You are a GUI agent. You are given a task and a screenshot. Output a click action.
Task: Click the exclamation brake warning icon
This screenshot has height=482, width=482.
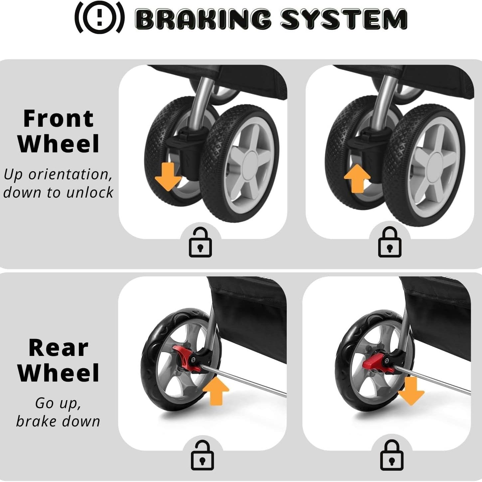[x=99, y=17]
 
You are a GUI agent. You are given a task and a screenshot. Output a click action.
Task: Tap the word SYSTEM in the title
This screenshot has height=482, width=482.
[x=344, y=19]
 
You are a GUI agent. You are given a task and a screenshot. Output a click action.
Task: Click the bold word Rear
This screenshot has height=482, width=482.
[x=58, y=348]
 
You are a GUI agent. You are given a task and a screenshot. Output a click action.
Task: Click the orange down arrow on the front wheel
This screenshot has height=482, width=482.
[x=168, y=176]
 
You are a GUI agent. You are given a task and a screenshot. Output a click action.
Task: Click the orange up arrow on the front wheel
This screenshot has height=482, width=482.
[x=357, y=179]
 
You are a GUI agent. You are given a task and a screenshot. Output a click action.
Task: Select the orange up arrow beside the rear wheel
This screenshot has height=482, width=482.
[x=216, y=391]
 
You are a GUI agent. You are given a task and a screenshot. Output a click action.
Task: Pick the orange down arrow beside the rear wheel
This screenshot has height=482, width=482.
[x=411, y=391]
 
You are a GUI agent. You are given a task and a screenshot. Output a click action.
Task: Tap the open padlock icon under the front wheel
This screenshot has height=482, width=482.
[x=200, y=242]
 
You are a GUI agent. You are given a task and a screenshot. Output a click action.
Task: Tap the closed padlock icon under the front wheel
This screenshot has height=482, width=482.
[x=390, y=242]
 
